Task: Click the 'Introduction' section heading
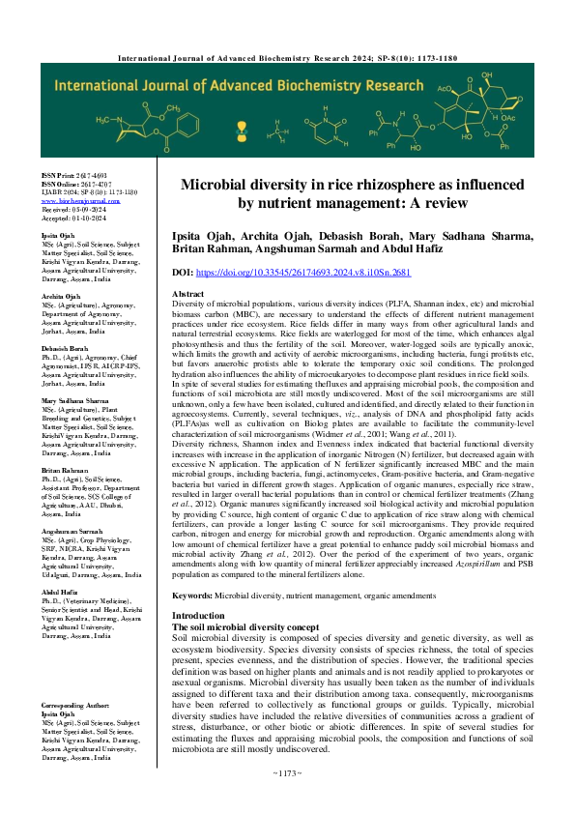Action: click(x=198, y=616)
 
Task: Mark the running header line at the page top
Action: click(x=287, y=58)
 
